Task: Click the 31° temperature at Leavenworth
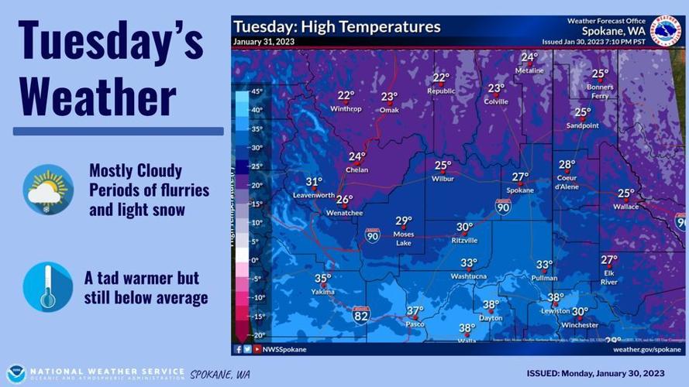(313, 183)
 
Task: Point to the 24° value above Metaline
(529, 57)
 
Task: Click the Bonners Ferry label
(600, 91)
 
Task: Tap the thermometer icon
(48, 287)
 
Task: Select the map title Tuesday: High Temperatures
(337, 27)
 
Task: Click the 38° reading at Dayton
(491, 305)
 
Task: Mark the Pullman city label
(545, 277)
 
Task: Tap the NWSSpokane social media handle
(286, 350)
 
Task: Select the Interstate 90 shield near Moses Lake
(373, 237)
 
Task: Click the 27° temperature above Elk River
(609, 260)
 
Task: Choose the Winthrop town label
(346, 108)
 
